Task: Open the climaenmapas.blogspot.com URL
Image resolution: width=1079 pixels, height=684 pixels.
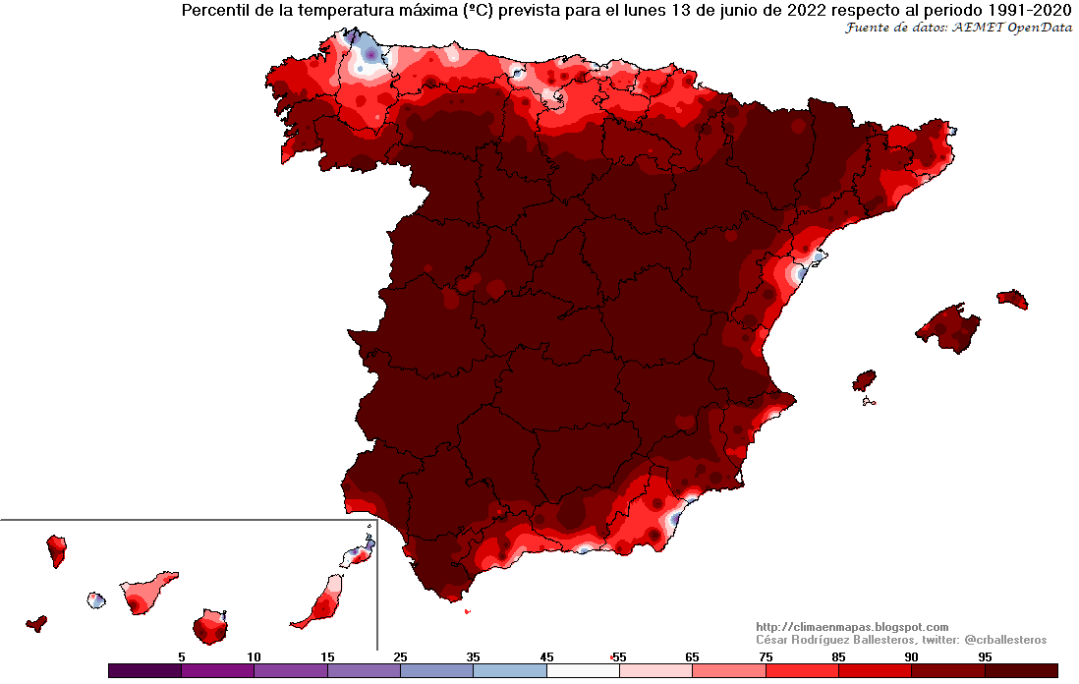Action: click(x=851, y=627)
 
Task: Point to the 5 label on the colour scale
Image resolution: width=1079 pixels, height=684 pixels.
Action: click(x=181, y=655)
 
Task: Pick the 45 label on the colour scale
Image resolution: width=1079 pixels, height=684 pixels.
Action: click(x=546, y=655)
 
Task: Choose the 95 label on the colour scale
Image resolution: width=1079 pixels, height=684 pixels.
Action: click(x=985, y=655)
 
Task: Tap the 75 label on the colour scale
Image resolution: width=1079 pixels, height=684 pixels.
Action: click(x=766, y=655)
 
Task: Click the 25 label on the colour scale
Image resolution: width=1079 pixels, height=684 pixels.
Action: click(x=400, y=655)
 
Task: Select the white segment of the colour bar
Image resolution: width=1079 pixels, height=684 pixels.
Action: click(x=583, y=671)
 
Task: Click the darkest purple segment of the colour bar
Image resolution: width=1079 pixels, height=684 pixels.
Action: click(x=144, y=671)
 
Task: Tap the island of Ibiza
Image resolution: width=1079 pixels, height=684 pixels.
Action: click(x=864, y=381)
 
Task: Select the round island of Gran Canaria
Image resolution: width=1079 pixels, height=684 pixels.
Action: click(x=210, y=625)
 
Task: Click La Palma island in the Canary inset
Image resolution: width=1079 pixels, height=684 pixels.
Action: click(x=57, y=549)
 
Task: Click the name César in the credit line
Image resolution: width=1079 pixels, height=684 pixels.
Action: click(x=774, y=640)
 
